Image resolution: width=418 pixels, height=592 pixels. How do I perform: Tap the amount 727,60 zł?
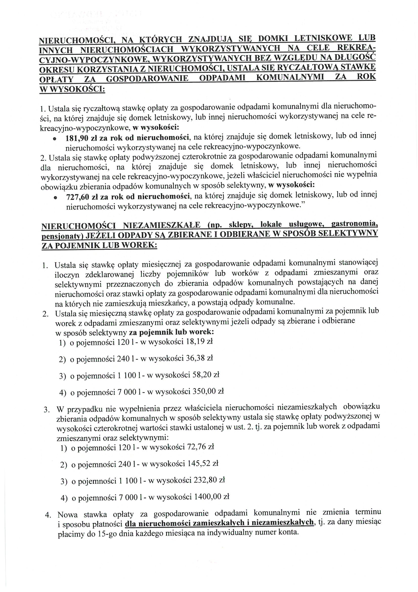pos(82,198)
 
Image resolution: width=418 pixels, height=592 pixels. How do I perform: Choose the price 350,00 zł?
pos(208,392)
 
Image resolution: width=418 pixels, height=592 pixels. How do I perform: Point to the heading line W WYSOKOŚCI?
pos(72,89)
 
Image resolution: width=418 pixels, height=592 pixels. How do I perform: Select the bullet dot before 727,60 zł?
pos(55,198)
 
